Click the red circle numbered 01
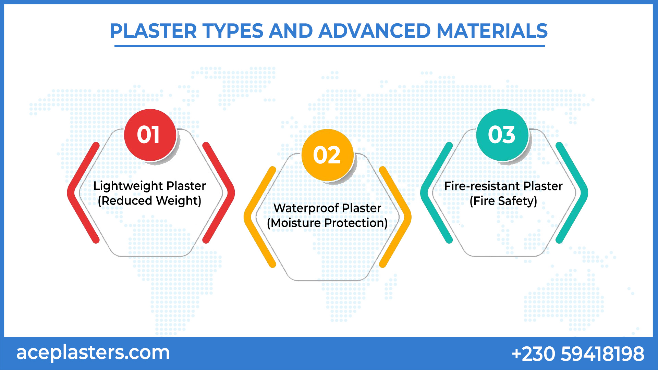(x=150, y=135)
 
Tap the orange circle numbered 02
(x=327, y=155)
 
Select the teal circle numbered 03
(x=502, y=135)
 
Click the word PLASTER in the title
(x=153, y=31)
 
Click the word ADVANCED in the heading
(x=374, y=31)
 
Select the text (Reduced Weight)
(x=149, y=201)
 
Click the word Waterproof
(x=306, y=208)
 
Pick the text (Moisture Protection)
(x=327, y=223)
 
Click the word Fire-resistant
(x=482, y=186)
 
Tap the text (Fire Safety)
(x=503, y=201)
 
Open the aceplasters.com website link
(x=93, y=353)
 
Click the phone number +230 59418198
(x=578, y=354)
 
